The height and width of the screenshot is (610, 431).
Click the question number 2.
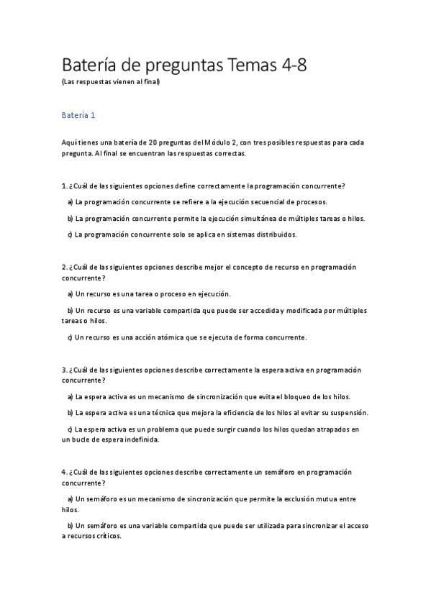pos(65,268)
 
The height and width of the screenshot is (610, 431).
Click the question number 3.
pos(65,370)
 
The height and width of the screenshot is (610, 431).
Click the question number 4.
pos(65,472)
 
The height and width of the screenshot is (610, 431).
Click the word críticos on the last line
pos(106,537)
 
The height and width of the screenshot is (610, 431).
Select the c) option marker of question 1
pos(70,235)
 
